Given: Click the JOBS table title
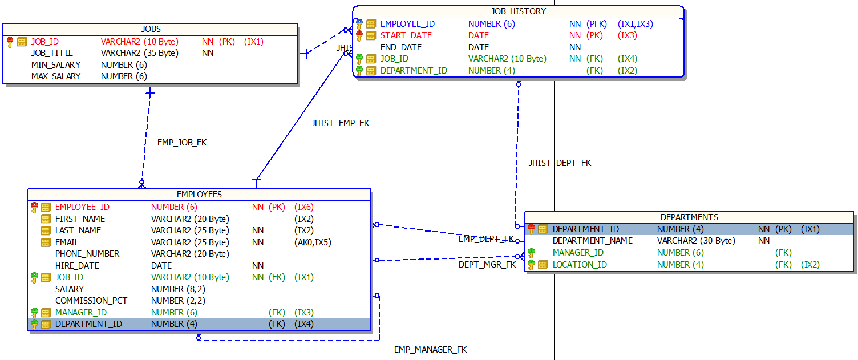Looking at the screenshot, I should click(151, 29).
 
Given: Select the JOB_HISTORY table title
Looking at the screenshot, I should click(518, 11).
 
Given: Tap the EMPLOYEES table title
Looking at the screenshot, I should click(199, 195).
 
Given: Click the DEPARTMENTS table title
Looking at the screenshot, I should click(689, 217).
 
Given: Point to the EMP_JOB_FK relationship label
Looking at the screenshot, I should click(182, 143).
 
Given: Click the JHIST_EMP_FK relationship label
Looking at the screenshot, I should click(340, 123).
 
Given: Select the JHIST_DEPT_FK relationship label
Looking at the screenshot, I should click(560, 163).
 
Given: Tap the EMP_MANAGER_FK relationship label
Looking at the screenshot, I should click(430, 350).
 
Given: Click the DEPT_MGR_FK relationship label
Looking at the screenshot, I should click(487, 265).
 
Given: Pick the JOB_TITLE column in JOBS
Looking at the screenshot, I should click(52, 53).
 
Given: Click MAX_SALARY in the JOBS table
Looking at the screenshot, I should click(56, 76).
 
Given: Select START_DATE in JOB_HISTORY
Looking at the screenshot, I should click(406, 35).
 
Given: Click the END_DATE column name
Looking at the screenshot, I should click(401, 47).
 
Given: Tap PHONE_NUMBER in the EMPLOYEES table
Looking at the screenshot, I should click(87, 254).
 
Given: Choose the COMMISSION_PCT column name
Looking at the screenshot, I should click(91, 301).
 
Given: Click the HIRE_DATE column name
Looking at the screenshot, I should click(77, 266).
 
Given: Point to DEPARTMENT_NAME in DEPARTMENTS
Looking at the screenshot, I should click(593, 241).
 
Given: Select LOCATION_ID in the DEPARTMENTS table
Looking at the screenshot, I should click(580, 265).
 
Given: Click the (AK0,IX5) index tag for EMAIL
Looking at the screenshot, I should click(313, 242).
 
